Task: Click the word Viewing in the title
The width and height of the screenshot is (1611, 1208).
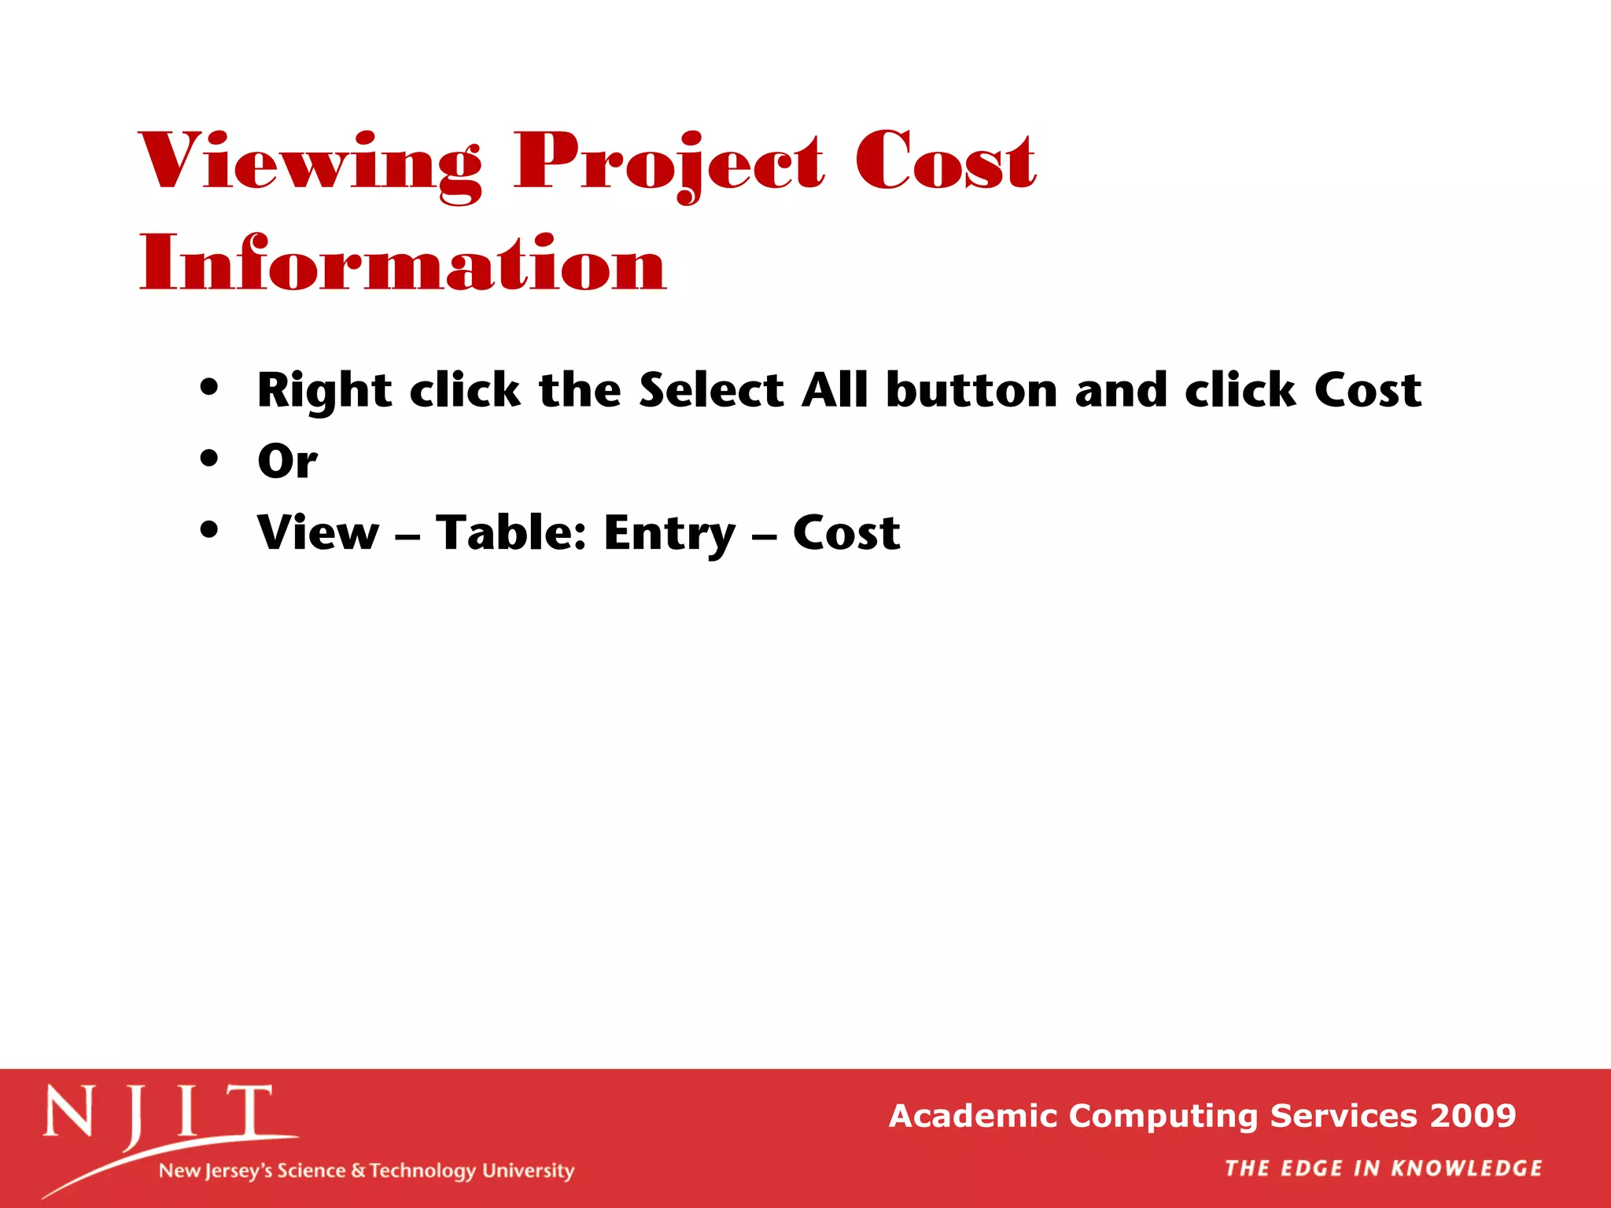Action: click(x=310, y=163)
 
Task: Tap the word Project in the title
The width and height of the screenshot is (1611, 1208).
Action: click(x=669, y=163)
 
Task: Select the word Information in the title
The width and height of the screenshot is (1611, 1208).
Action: click(x=403, y=263)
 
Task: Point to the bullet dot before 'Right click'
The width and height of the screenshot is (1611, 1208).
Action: click(x=208, y=387)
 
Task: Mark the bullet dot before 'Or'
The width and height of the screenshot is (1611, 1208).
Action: click(x=208, y=458)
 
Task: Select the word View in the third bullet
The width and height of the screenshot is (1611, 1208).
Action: click(x=319, y=532)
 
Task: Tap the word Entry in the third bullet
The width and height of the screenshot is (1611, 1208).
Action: click(x=669, y=534)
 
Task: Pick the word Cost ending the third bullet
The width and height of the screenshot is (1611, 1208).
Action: click(x=846, y=532)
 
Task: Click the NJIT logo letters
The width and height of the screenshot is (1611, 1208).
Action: click(x=157, y=1112)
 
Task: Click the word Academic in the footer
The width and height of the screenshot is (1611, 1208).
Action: click(x=972, y=1115)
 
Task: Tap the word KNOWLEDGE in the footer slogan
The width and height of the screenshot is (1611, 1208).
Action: click(x=1466, y=1168)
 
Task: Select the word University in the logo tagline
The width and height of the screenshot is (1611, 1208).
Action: click(x=528, y=1170)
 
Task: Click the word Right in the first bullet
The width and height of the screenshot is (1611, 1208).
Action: click(x=324, y=391)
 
